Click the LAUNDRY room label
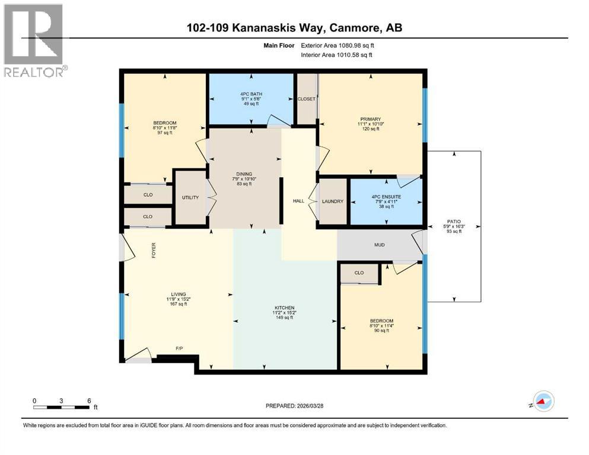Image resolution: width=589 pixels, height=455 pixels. pos(333,201)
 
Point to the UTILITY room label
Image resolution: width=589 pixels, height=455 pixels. pos(190,197)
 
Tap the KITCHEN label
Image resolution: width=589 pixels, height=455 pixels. pos(285,308)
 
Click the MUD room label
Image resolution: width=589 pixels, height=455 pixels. pos(380,243)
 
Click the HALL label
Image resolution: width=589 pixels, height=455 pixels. pos(298,201)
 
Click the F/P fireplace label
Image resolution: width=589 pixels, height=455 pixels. pos(179,348)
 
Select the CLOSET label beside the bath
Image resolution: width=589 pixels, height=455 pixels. pos(306,99)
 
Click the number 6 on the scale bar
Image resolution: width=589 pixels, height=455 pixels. pos(89,400)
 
